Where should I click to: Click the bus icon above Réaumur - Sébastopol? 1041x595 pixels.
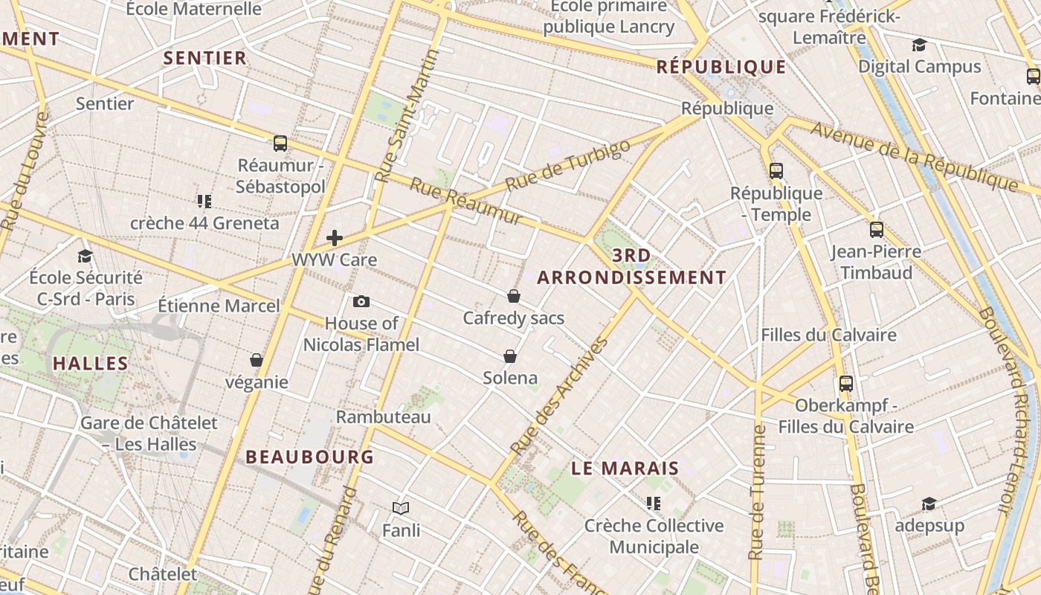point(280,144)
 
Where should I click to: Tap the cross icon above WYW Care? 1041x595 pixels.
point(335,238)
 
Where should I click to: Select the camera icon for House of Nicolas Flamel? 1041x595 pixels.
point(361,301)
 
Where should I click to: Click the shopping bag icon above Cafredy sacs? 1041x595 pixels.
point(513,296)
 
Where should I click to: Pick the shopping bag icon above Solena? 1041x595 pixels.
point(510,356)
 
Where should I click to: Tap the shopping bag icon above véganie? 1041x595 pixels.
point(257,360)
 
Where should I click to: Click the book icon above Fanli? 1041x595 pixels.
point(401,508)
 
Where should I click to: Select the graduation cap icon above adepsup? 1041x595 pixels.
point(929,504)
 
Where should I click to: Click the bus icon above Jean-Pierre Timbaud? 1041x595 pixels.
point(877,230)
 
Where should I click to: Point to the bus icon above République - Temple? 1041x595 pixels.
point(776,171)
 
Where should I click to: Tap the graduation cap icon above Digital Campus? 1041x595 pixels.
point(920,45)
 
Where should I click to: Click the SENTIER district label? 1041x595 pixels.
point(204,58)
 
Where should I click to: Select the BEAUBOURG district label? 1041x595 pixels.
point(309,457)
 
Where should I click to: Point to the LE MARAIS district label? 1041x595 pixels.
point(625,468)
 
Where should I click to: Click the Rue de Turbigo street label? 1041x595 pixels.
point(567,164)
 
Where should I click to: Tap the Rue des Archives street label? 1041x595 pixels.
point(560,397)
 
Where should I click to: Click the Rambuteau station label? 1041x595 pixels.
point(383,416)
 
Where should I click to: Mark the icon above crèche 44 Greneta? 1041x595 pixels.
point(204,201)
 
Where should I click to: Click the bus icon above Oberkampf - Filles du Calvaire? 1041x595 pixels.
point(846,384)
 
